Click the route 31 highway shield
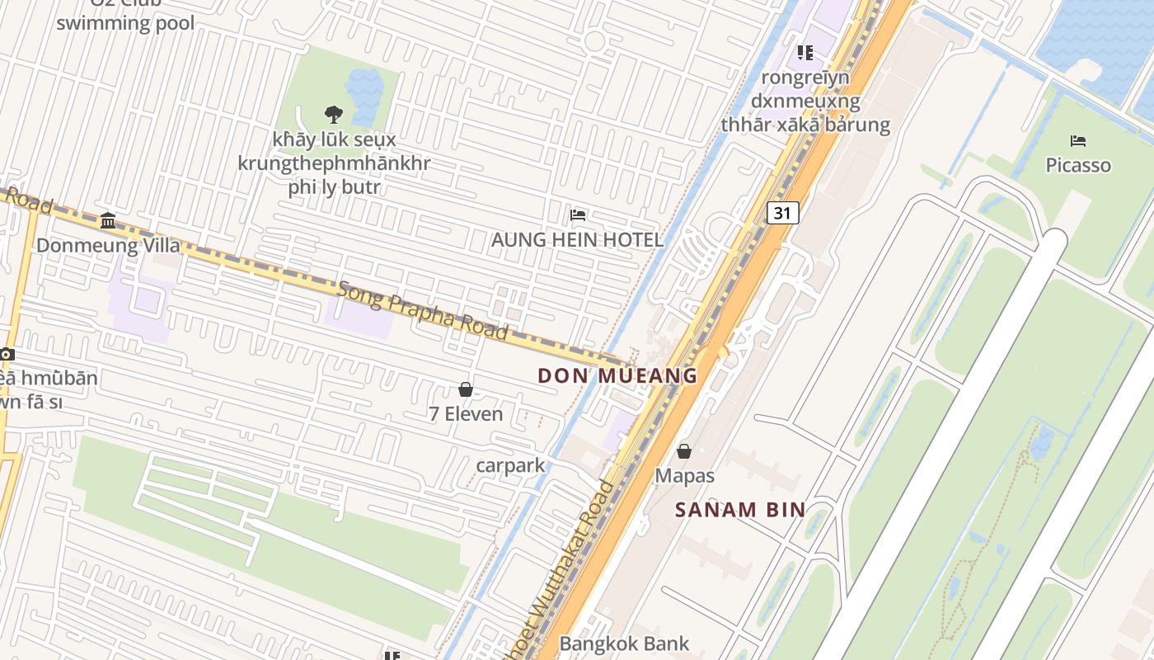(782, 213)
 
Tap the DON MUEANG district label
(617, 375)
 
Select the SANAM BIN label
(739, 509)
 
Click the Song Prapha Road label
(422, 309)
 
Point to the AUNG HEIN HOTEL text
(577, 240)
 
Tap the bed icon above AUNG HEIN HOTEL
(578, 216)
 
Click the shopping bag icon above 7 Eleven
(466, 389)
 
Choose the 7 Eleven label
(466, 413)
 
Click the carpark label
(511, 465)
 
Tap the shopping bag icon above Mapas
(684, 451)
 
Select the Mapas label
(684, 476)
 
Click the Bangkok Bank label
(624, 643)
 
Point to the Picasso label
(1078, 165)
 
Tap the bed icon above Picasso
(1078, 141)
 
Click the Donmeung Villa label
(108, 245)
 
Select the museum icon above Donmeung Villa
(108, 220)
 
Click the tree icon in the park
(334, 114)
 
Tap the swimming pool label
(125, 23)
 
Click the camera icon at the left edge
(7, 354)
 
